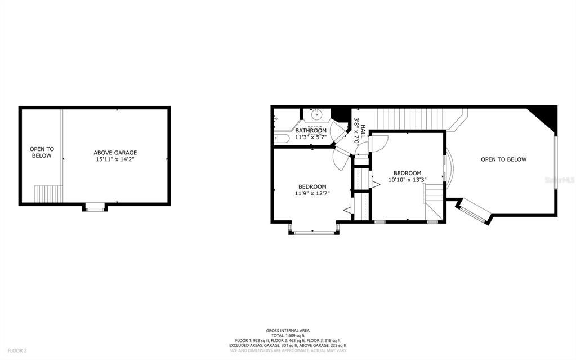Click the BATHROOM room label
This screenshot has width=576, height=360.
(311, 131)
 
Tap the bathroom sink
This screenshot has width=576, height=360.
(315, 114)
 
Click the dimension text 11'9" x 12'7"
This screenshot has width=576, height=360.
(312, 193)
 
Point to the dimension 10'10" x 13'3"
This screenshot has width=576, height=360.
(407, 180)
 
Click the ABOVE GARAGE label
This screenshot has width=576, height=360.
(115, 152)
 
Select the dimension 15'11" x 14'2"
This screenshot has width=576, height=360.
(115, 159)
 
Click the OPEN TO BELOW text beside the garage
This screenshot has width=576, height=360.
(41, 152)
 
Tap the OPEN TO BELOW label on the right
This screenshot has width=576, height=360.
(503, 159)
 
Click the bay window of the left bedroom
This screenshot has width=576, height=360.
(314, 231)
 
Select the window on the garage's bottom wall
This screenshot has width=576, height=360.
(95, 208)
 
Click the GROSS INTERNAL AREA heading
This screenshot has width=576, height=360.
(288, 330)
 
